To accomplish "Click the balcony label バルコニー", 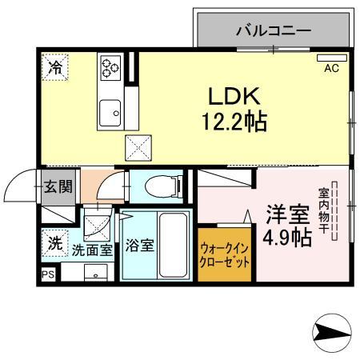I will (x=273, y=32).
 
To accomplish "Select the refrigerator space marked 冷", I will (x=54, y=68).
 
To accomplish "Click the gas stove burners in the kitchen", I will (x=110, y=67).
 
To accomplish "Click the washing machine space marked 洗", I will (x=54, y=245).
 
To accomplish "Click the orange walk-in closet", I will (x=226, y=255).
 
